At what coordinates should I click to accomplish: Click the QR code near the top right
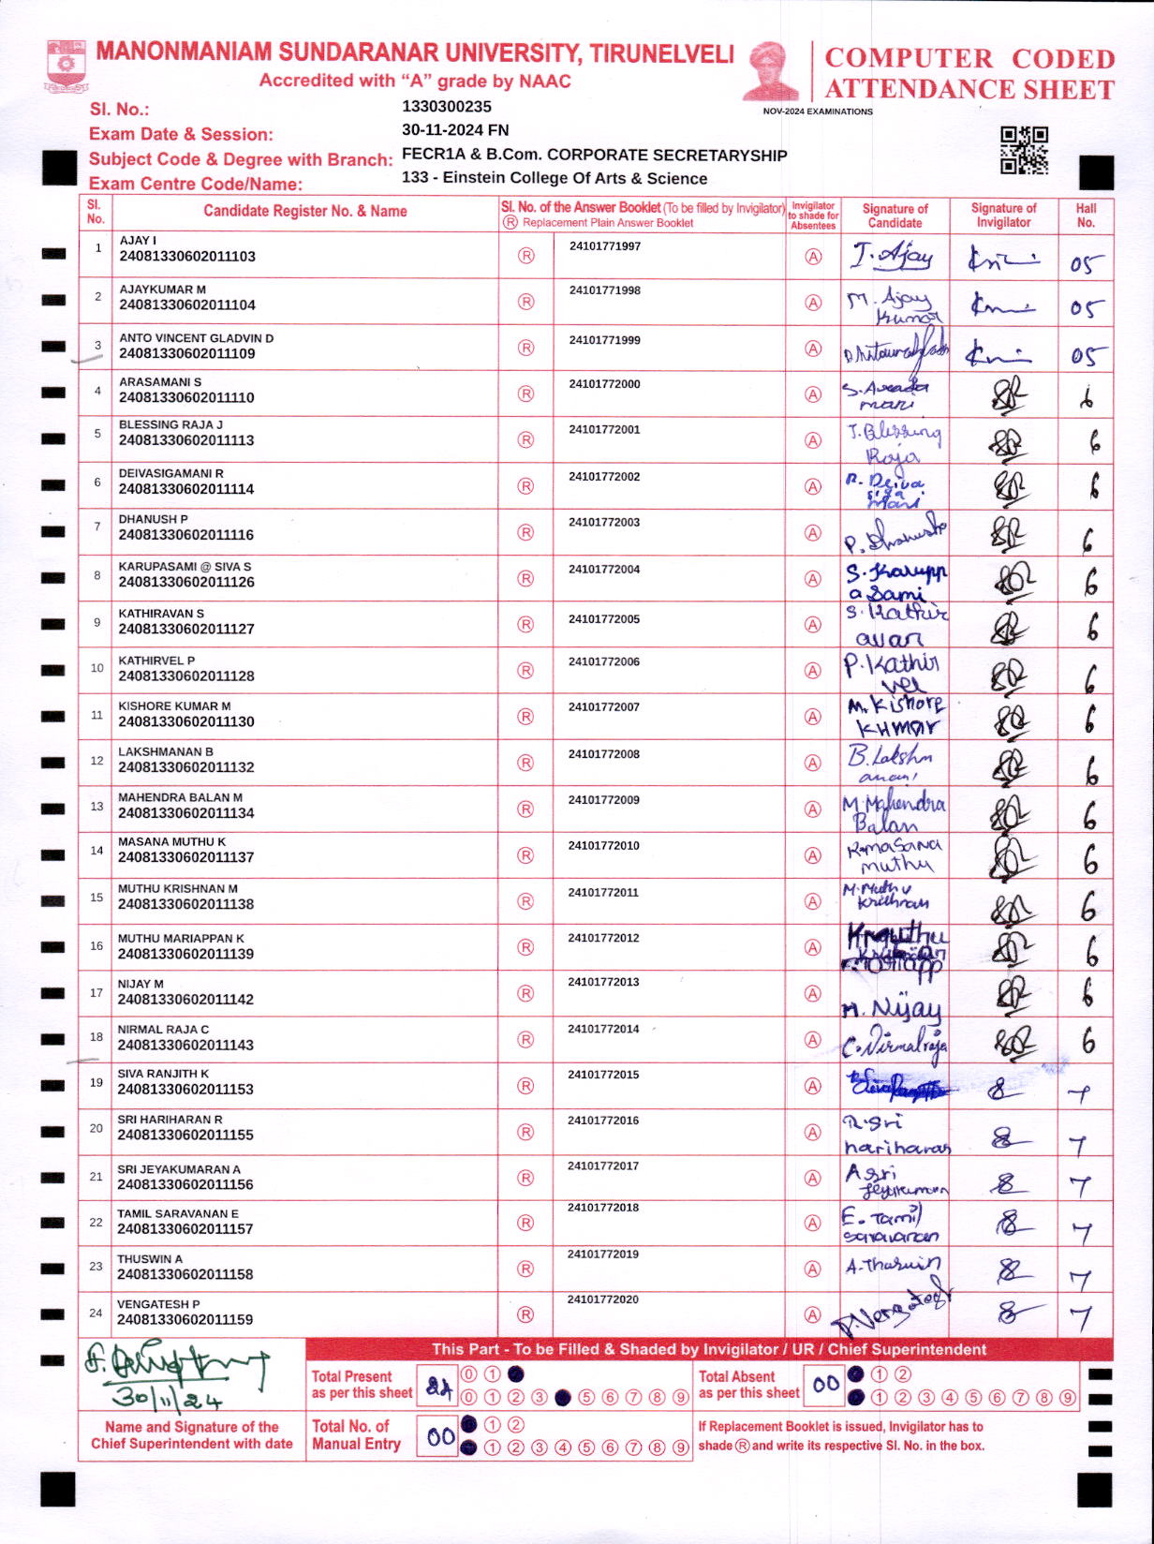(x=1024, y=151)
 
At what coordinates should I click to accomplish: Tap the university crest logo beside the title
(x=66, y=66)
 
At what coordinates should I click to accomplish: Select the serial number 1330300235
(x=446, y=107)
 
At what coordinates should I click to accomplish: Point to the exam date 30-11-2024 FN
(x=455, y=130)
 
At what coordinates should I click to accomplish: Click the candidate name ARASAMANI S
(x=160, y=382)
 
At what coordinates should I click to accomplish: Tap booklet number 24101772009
(x=604, y=800)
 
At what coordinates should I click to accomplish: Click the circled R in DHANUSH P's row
(x=525, y=532)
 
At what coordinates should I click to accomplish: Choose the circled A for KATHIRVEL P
(x=813, y=671)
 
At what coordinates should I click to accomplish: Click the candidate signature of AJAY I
(x=892, y=255)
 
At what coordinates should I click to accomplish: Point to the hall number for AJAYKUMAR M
(x=1087, y=308)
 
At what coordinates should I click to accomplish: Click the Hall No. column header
(x=1086, y=215)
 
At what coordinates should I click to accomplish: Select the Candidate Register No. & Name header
(x=305, y=212)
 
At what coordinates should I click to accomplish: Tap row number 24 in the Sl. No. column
(x=96, y=1313)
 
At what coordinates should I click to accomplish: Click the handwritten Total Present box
(x=438, y=1388)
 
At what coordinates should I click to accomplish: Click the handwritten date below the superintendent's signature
(x=167, y=1400)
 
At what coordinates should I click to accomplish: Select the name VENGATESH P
(x=158, y=1304)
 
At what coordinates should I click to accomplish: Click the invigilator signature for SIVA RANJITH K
(x=1003, y=1089)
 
